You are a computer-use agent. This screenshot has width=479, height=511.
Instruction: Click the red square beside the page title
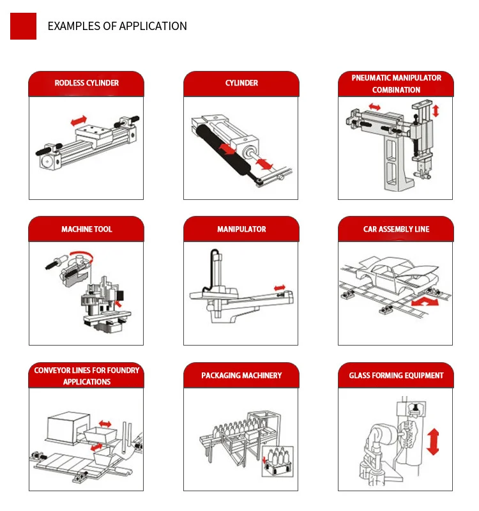click(23, 26)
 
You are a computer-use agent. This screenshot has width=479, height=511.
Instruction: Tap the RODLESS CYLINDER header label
click(87, 83)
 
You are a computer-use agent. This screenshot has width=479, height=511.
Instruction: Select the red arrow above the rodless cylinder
click(79, 121)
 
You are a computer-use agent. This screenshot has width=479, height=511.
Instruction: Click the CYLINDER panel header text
click(241, 83)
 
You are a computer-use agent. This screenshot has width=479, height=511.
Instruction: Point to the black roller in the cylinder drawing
click(224, 150)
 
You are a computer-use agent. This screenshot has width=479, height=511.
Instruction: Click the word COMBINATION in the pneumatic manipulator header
click(396, 90)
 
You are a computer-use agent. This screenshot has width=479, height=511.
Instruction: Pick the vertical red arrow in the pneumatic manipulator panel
click(436, 111)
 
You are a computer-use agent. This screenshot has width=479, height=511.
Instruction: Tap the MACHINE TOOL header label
click(87, 229)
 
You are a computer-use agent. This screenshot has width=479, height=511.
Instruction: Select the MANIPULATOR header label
click(241, 229)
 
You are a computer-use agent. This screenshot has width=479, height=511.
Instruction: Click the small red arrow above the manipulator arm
click(280, 288)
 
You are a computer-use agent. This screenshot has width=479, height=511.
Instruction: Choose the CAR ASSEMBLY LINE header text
click(396, 229)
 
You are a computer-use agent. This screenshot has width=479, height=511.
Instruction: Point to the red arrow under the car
click(425, 301)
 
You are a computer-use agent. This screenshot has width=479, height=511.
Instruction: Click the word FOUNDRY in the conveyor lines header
click(123, 370)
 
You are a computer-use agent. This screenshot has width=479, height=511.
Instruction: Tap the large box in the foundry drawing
click(68, 427)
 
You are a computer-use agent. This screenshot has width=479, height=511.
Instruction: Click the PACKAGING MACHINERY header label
click(241, 376)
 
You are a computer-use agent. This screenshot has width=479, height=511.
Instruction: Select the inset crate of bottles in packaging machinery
click(278, 461)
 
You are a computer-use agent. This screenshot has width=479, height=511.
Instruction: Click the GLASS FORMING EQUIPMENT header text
click(396, 376)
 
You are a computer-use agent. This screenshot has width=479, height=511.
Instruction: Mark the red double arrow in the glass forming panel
click(433, 441)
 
